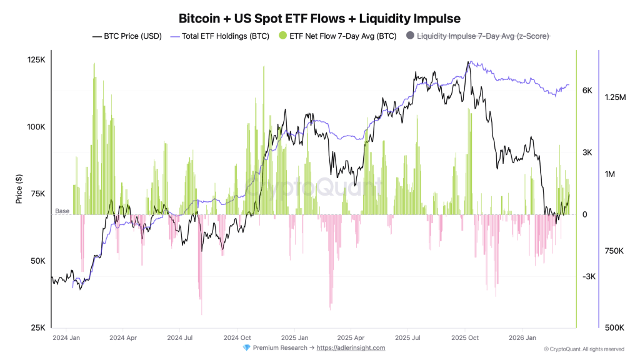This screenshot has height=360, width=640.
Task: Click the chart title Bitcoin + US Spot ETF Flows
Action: click(320, 18)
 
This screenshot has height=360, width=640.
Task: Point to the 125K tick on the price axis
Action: click(36, 60)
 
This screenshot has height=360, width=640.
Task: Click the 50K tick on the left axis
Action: click(37, 261)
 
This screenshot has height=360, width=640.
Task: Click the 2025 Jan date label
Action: click(294, 337)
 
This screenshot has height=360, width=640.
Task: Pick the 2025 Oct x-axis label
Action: click(465, 337)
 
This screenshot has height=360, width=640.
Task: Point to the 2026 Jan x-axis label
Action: click(523, 337)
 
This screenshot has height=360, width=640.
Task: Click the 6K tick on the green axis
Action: click(587, 91)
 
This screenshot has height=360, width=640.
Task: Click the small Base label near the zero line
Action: click(62, 211)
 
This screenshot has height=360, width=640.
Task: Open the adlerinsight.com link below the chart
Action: click(351, 348)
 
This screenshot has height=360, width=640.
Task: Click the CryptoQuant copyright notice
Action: click(584, 349)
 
